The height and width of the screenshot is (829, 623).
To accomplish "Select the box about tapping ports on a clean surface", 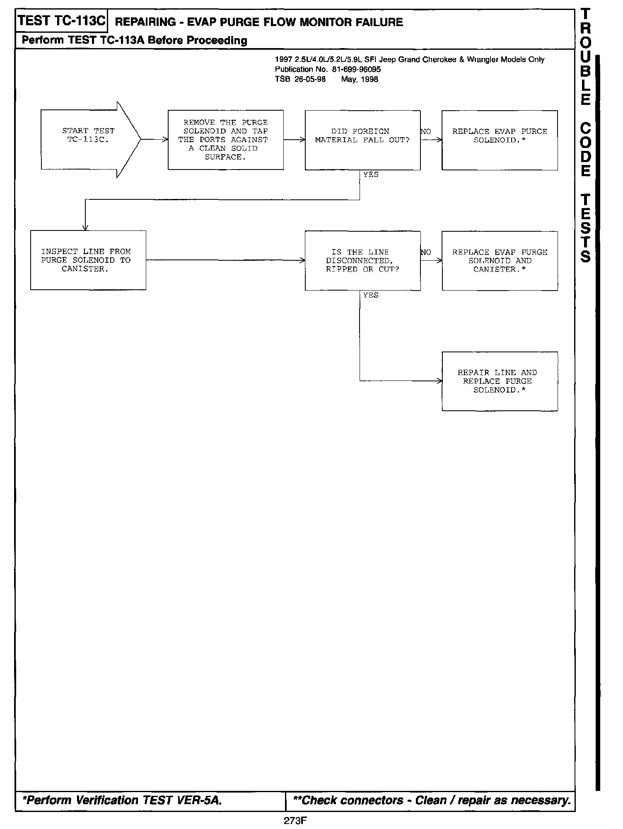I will [x=226, y=140].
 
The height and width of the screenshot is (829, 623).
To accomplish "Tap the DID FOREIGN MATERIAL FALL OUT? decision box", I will [x=362, y=140].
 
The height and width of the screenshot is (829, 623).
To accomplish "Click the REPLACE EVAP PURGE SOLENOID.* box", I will [x=500, y=140].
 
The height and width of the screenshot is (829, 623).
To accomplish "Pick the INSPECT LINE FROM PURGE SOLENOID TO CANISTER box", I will [x=88, y=260].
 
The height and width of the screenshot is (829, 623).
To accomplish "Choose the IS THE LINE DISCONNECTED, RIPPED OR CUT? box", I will [x=362, y=261].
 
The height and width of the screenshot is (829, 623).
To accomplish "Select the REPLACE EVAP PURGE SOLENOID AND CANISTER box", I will [x=500, y=261].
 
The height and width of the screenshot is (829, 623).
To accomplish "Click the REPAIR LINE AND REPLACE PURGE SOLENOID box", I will [x=500, y=381].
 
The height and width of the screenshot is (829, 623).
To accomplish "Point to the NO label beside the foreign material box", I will [x=426, y=132].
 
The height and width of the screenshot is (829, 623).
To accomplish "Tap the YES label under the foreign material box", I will [x=371, y=175].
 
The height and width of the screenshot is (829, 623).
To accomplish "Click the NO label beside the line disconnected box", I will [x=426, y=252].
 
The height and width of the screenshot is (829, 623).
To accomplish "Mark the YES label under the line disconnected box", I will [x=371, y=295].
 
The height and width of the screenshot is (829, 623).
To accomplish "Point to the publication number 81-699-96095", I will [x=356, y=70].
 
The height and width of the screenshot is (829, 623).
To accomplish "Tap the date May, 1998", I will [x=360, y=80].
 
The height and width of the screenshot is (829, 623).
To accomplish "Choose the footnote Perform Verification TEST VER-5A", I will [x=122, y=800].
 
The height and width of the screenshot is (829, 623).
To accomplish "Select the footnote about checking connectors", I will [x=431, y=800].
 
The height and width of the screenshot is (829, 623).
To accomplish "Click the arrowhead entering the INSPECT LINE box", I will [x=85, y=228].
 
